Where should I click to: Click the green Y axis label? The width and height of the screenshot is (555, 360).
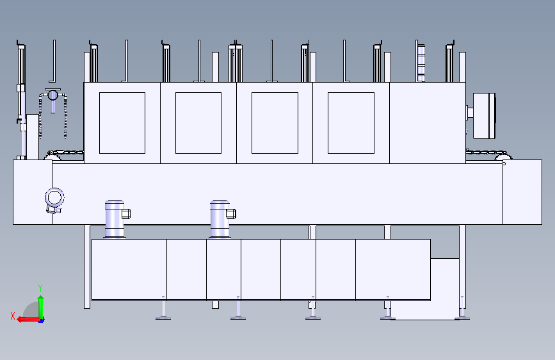click(40, 288)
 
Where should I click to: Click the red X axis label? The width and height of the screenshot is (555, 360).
click(13, 316)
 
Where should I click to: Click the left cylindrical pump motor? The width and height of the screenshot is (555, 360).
click(115, 219)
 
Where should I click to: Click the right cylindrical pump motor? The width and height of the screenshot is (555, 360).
click(220, 219)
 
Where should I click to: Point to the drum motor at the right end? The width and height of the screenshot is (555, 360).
click(483, 115)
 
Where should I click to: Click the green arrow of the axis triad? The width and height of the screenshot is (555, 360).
click(41, 307)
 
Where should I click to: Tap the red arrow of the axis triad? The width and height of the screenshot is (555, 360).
click(29, 320)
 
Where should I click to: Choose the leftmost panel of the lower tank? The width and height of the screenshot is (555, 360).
click(129, 269)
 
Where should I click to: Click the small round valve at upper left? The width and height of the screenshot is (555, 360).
click(52, 95)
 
